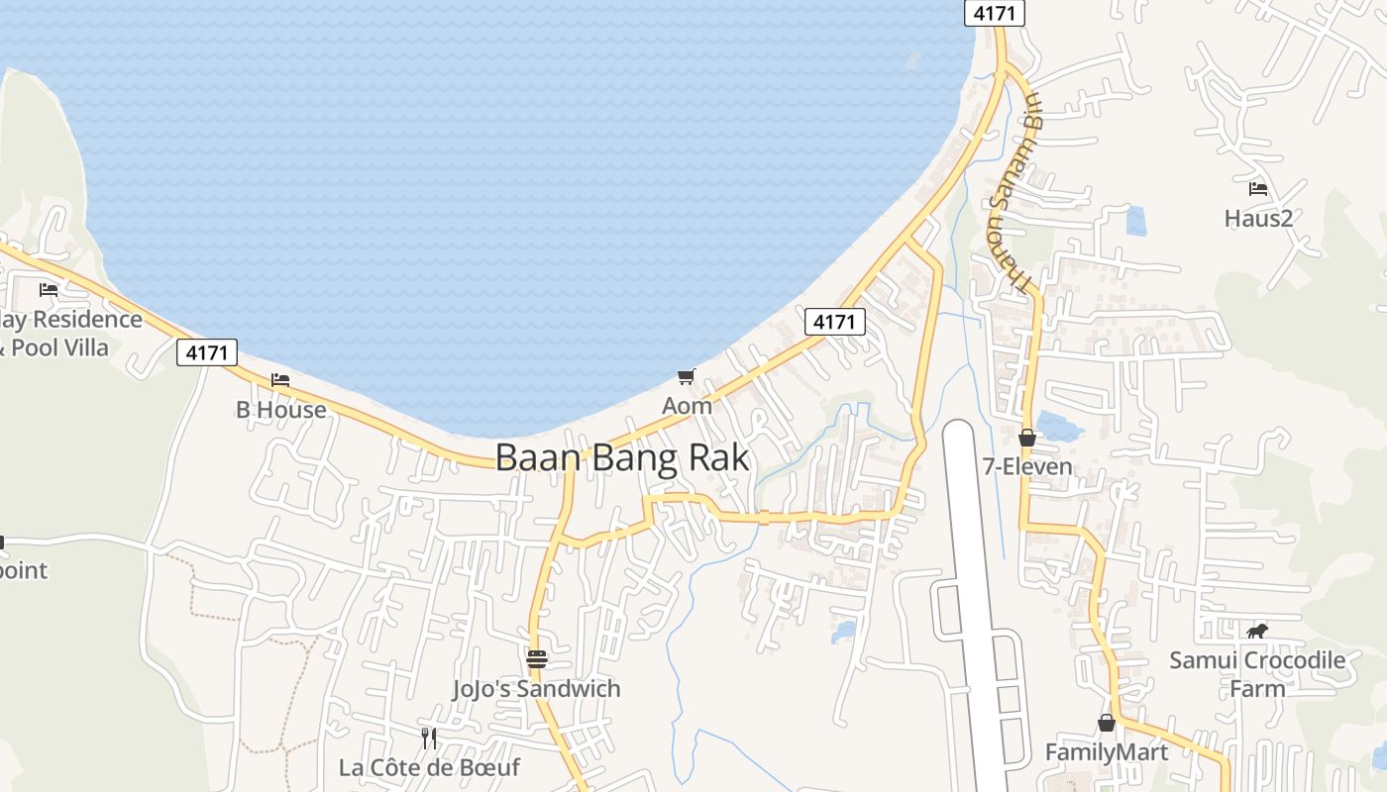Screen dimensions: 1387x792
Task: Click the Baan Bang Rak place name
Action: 622,458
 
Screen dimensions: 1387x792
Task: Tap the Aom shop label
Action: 687,406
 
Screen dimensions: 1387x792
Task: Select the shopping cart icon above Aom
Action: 687,376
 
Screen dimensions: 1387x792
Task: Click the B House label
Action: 281,410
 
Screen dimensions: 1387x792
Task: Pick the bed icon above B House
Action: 280,380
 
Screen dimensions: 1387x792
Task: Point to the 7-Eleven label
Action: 1027,466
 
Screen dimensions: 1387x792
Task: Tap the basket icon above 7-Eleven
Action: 1027,437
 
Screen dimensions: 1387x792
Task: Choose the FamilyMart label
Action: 1107,752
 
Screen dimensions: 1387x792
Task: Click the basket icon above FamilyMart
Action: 1107,724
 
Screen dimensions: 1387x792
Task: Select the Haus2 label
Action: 1258,218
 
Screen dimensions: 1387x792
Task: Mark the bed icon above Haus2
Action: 1258,188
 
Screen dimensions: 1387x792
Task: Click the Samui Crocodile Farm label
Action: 1257,673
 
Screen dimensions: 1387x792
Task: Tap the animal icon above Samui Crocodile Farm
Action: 1257,631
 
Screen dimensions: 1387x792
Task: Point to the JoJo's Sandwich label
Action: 536,689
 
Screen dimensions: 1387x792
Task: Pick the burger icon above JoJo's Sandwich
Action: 536,659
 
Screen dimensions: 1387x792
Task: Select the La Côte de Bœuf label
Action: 429,767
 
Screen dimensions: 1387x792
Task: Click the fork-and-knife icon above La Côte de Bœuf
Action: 429,738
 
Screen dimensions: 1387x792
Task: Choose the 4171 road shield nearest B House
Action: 207,352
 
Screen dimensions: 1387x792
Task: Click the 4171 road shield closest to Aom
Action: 834,322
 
